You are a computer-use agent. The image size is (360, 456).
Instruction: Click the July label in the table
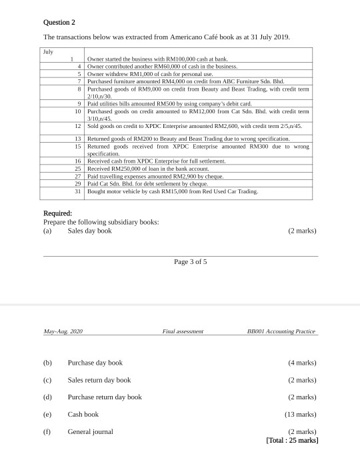click(x=47, y=51)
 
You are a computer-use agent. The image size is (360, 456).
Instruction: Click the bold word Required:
click(x=58, y=213)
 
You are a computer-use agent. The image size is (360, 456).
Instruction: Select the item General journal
click(x=90, y=431)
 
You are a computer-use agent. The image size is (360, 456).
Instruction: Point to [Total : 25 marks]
click(x=291, y=440)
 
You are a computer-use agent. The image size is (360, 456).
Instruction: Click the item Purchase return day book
click(x=105, y=397)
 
